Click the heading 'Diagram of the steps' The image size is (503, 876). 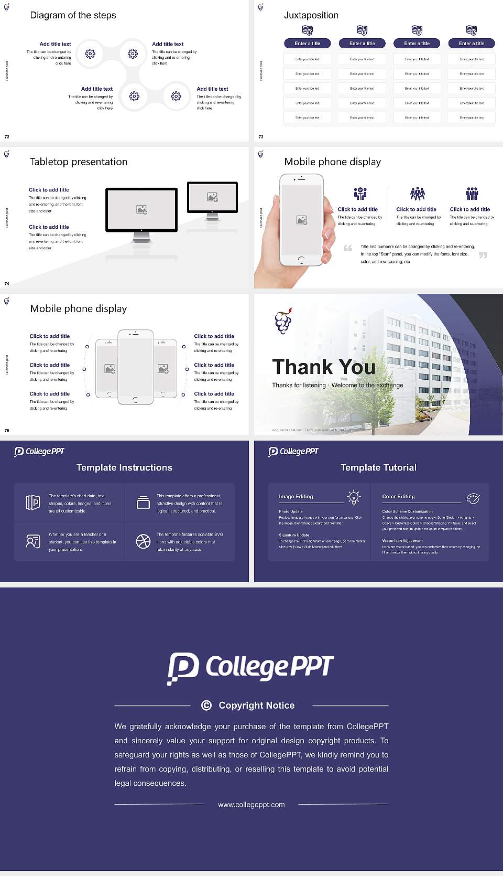[x=73, y=15]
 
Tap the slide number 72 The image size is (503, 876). [x=7, y=136]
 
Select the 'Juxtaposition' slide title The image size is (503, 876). [x=311, y=15]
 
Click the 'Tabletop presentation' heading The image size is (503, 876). [x=79, y=162]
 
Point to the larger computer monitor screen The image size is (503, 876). [x=141, y=209]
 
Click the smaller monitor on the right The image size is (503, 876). [x=212, y=197]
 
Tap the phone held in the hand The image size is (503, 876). [x=301, y=219]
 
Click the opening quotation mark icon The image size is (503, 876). [x=347, y=248]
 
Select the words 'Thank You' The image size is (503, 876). [x=323, y=367]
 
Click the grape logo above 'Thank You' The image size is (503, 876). [x=283, y=321]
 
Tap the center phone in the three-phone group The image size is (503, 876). [x=135, y=367]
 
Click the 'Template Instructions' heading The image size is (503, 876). [x=124, y=467]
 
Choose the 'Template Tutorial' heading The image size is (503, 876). [x=378, y=467]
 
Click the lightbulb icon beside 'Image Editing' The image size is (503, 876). [x=354, y=497]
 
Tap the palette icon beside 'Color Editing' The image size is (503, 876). [x=473, y=498]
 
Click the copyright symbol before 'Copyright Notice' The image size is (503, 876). [x=206, y=706]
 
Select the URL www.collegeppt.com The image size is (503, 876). [x=251, y=805]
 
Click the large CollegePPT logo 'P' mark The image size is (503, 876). [x=183, y=668]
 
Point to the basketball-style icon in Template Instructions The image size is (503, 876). [x=143, y=541]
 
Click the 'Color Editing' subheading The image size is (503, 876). [x=398, y=496]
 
